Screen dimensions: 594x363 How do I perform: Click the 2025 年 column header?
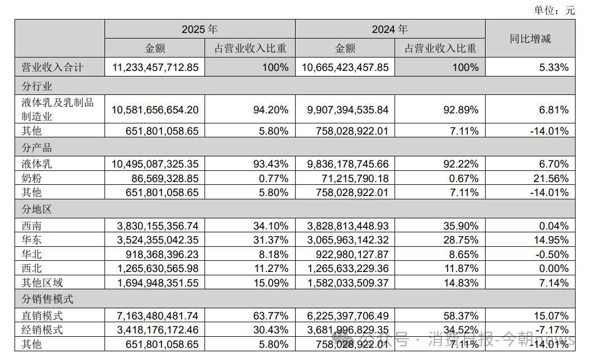pos(199,29)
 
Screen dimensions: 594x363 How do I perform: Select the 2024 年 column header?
pos(390,29)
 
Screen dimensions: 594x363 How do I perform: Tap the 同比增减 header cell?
pos(530,39)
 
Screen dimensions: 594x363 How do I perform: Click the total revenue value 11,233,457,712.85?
pos(155,68)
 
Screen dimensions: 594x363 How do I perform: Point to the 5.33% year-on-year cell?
pos(554,68)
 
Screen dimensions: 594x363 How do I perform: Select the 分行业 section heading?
pos(37,86)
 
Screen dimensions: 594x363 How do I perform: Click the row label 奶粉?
pos(31,178)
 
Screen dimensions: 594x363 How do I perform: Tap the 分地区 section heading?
pos(37,209)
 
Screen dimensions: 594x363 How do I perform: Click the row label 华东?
pos(31,240)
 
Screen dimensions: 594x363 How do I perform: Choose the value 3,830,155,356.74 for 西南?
pos(158,226)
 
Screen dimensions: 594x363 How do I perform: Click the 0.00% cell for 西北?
pos(554,269)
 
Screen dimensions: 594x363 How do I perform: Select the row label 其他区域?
pos(42,283)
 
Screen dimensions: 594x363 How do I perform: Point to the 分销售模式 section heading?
pos(47,299)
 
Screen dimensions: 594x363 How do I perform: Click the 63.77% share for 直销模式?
pos(271,316)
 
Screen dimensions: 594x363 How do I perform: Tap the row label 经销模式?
pos(42,329)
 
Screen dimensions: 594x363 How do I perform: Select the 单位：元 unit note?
pos(554,10)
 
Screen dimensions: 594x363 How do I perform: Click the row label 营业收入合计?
pos(53,68)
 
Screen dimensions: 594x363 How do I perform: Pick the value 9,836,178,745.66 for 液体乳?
pos(348,164)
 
